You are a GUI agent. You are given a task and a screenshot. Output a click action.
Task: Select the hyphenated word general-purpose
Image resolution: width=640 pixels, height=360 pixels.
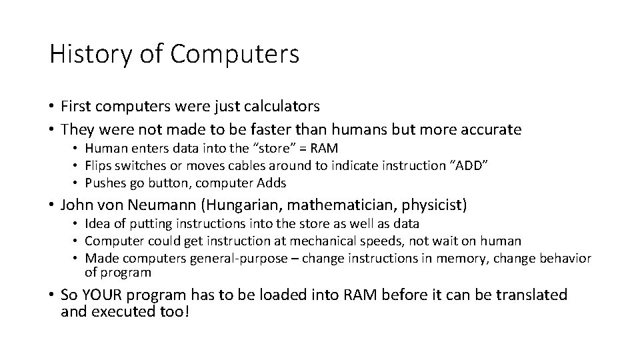pyautogui.click(x=243, y=259)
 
